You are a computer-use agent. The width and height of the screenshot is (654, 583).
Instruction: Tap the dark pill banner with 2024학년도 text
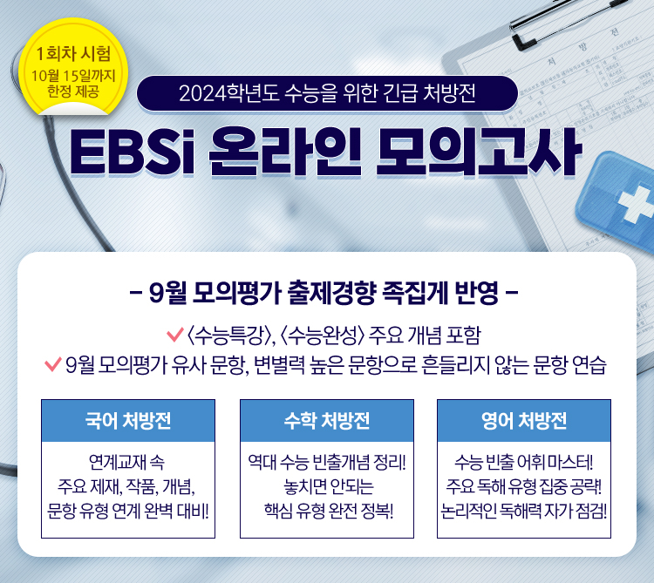[327, 92]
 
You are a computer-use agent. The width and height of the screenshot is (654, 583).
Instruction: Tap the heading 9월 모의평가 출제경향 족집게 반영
[326, 292]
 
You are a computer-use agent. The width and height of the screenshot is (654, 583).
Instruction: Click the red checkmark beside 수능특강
[172, 335]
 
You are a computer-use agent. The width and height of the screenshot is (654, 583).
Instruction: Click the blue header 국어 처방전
[128, 421]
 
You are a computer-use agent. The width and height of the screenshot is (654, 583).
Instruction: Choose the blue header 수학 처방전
[327, 421]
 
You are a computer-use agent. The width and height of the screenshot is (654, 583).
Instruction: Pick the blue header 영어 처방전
[524, 421]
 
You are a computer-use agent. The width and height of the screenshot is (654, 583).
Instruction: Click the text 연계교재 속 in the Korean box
[127, 461]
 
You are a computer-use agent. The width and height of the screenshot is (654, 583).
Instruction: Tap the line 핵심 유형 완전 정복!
[327, 508]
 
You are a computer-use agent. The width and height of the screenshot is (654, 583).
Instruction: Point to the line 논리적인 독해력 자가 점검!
[524, 508]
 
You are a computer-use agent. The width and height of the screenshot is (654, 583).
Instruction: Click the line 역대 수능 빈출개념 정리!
[327, 461]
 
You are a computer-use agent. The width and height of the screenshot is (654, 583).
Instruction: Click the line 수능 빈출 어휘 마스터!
[524, 461]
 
